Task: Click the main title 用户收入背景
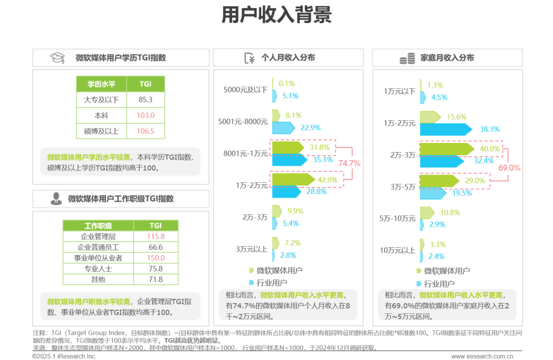pyautogui.click(x=276, y=15)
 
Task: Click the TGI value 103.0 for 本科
pyautogui.click(x=145, y=115)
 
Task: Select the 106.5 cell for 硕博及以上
pyautogui.click(x=145, y=131)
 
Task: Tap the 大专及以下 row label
pyautogui.click(x=101, y=99)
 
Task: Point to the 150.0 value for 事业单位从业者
pyautogui.click(x=156, y=258)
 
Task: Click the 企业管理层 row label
pyautogui.click(x=98, y=236)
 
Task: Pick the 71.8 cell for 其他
pyautogui.click(x=156, y=280)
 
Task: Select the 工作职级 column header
pyautogui.click(x=98, y=225)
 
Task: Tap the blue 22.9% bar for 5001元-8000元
pyautogui.click(x=283, y=128)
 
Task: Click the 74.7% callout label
pyautogui.click(x=350, y=163)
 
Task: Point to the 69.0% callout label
pyautogui.click(x=509, y=167)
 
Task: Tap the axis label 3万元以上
pyautogui.click(x=252, y=249)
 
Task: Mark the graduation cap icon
pyautogui.click(x=56, y=58)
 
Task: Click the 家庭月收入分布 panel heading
pyautogui.click(x=446, y=58)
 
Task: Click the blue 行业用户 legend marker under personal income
pyautogui.click(x=251, y=282)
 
